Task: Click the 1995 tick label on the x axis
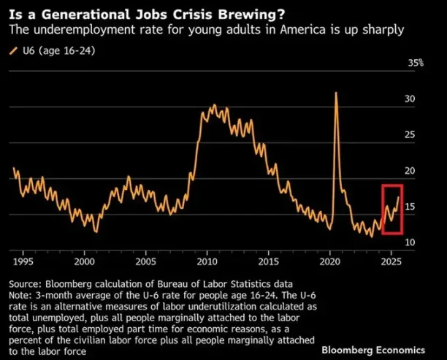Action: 23,261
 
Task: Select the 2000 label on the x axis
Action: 85,261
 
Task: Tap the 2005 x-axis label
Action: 145,261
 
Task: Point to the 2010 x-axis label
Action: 207,261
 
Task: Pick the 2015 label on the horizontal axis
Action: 269,261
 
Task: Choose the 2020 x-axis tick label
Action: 330,261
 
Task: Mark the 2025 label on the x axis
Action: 391,261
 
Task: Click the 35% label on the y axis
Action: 416,64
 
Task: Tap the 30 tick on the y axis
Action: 410,99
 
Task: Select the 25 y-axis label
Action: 410,135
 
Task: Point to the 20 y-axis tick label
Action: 410,171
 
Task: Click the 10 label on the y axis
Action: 410,242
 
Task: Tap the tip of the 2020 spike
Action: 336,93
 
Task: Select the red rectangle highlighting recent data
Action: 392,209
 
